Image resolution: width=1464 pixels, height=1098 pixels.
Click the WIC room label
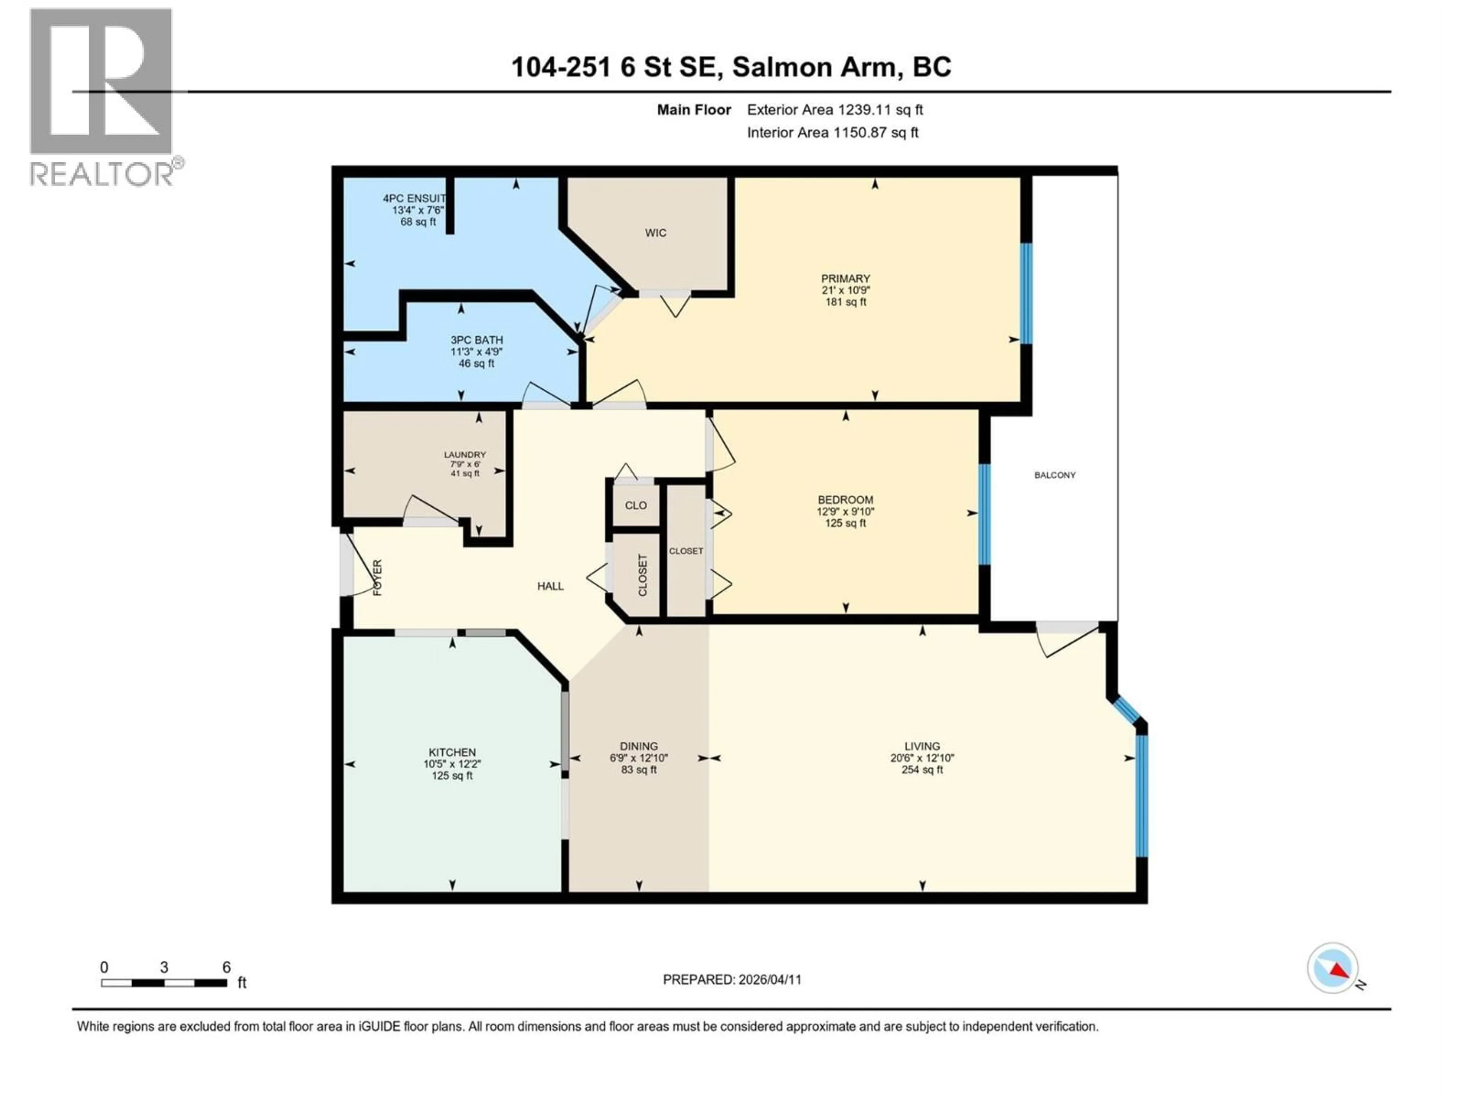pyautogui.click(x=655, y=233)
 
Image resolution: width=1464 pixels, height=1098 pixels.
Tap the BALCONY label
pyautogui.click(x=1055, y=475)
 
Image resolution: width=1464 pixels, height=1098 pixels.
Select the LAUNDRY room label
pyautogui.click(x=465, y=455)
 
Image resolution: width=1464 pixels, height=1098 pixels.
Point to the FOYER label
pyautogui.click(x=378, y=577)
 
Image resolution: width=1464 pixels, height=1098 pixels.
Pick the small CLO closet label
pyautogui.click(x=636, y=506)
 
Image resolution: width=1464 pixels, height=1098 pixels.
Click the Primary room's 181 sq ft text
pyautogui.click(x=845, y=302)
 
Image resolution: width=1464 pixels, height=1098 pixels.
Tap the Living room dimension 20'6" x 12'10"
pyautogui.click(x=922, y=758)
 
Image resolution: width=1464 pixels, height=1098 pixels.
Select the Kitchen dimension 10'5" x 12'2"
pyautogui.click(x=452, y=764)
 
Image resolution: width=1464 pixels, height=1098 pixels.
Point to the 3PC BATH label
pyautogui.click(x=477, y=340)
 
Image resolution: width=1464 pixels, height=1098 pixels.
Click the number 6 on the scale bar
pyautogui.click(x=226, y=967)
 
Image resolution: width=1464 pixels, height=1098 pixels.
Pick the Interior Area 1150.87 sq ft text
pyautogui.click(x=833, y=132)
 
